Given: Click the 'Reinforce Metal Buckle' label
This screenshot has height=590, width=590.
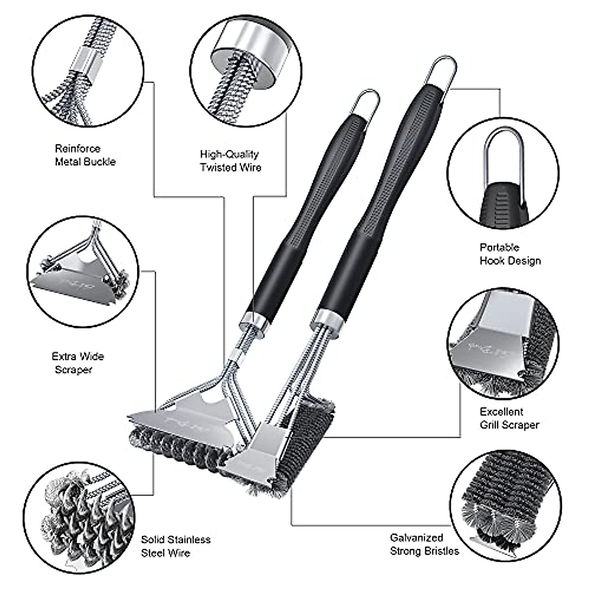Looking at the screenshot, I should (x=85, y=155).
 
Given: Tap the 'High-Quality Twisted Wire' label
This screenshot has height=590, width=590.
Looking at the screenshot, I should (x=230, y=161).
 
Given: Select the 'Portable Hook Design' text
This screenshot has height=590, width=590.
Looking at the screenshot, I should (x=510, y=254).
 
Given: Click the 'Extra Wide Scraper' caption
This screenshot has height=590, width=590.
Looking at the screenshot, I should (x=78, y=363).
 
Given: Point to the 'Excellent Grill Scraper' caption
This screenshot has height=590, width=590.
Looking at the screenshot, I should (x=509, y=418).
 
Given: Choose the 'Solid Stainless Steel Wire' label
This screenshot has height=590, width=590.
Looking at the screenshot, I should (x=176, y=546).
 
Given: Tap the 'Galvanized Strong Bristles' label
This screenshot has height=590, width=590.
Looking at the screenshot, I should (x=424, y=544).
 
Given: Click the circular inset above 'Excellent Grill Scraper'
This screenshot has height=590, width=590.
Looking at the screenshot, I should (x=503, y=344).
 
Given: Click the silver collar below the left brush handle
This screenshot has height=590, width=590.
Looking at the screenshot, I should (x=254, y=322).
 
